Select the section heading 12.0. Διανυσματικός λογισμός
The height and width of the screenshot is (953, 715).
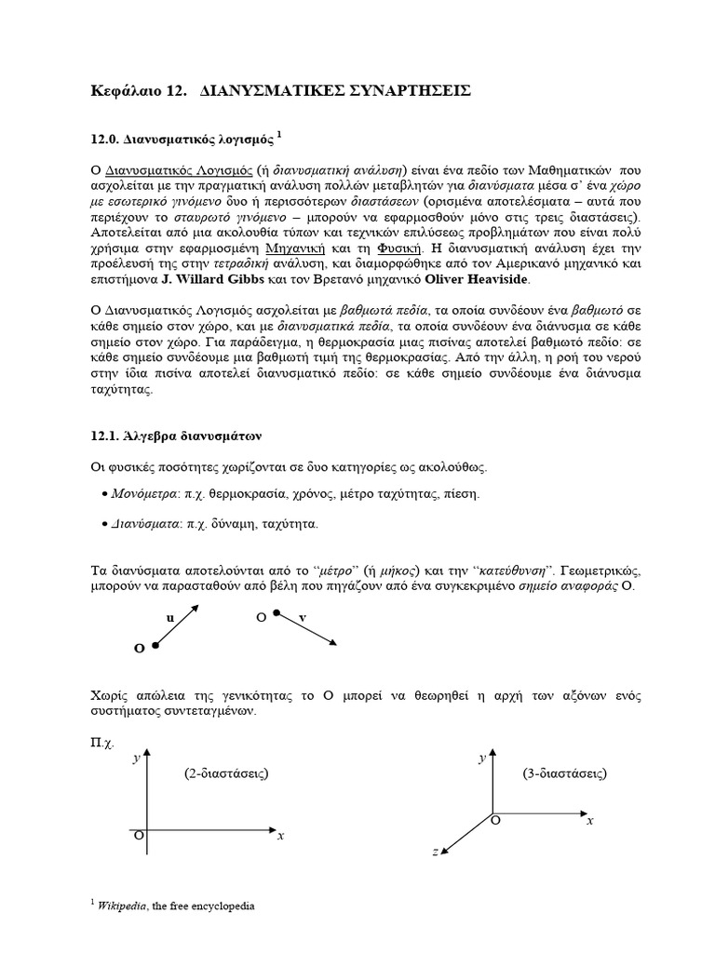coord(181,139)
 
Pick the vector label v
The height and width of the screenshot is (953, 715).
coord(303,617)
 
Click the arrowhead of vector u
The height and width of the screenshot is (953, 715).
coord(196,608)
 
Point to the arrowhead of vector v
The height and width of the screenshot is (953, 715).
coord(333,641)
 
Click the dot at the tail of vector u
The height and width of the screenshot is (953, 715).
coord(155,644)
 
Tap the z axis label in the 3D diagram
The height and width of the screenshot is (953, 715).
coord(434,852)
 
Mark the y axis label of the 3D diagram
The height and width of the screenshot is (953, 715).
coord(481,759)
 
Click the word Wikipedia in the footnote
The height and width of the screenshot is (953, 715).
coord(124,906)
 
